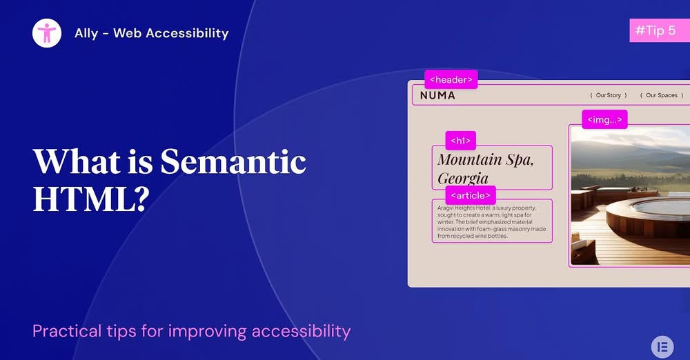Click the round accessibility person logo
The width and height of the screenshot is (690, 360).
point(47,32)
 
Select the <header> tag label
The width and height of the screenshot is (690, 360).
point(451,79)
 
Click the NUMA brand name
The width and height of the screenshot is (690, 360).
point(437,95)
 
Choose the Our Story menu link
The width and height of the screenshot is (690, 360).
point(608,95)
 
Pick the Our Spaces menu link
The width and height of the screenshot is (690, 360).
point(661,95)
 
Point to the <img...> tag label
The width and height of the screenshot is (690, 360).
point(604,119)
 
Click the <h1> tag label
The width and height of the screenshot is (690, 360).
point(460,141)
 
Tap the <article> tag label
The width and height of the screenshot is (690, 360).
point(470,194)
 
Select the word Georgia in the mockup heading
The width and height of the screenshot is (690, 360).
point(463,179)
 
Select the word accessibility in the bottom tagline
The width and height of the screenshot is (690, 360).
point(301,331)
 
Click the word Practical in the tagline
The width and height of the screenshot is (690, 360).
point(66,331)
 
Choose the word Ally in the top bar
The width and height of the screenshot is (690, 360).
point(86,32)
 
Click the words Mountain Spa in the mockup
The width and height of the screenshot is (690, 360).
point(485,159)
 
